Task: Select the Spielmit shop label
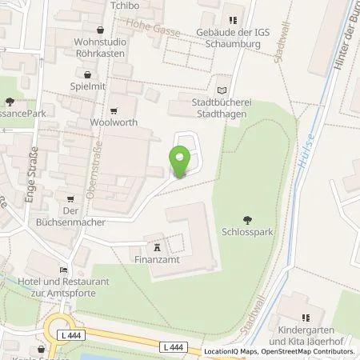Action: tap(89, 86)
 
